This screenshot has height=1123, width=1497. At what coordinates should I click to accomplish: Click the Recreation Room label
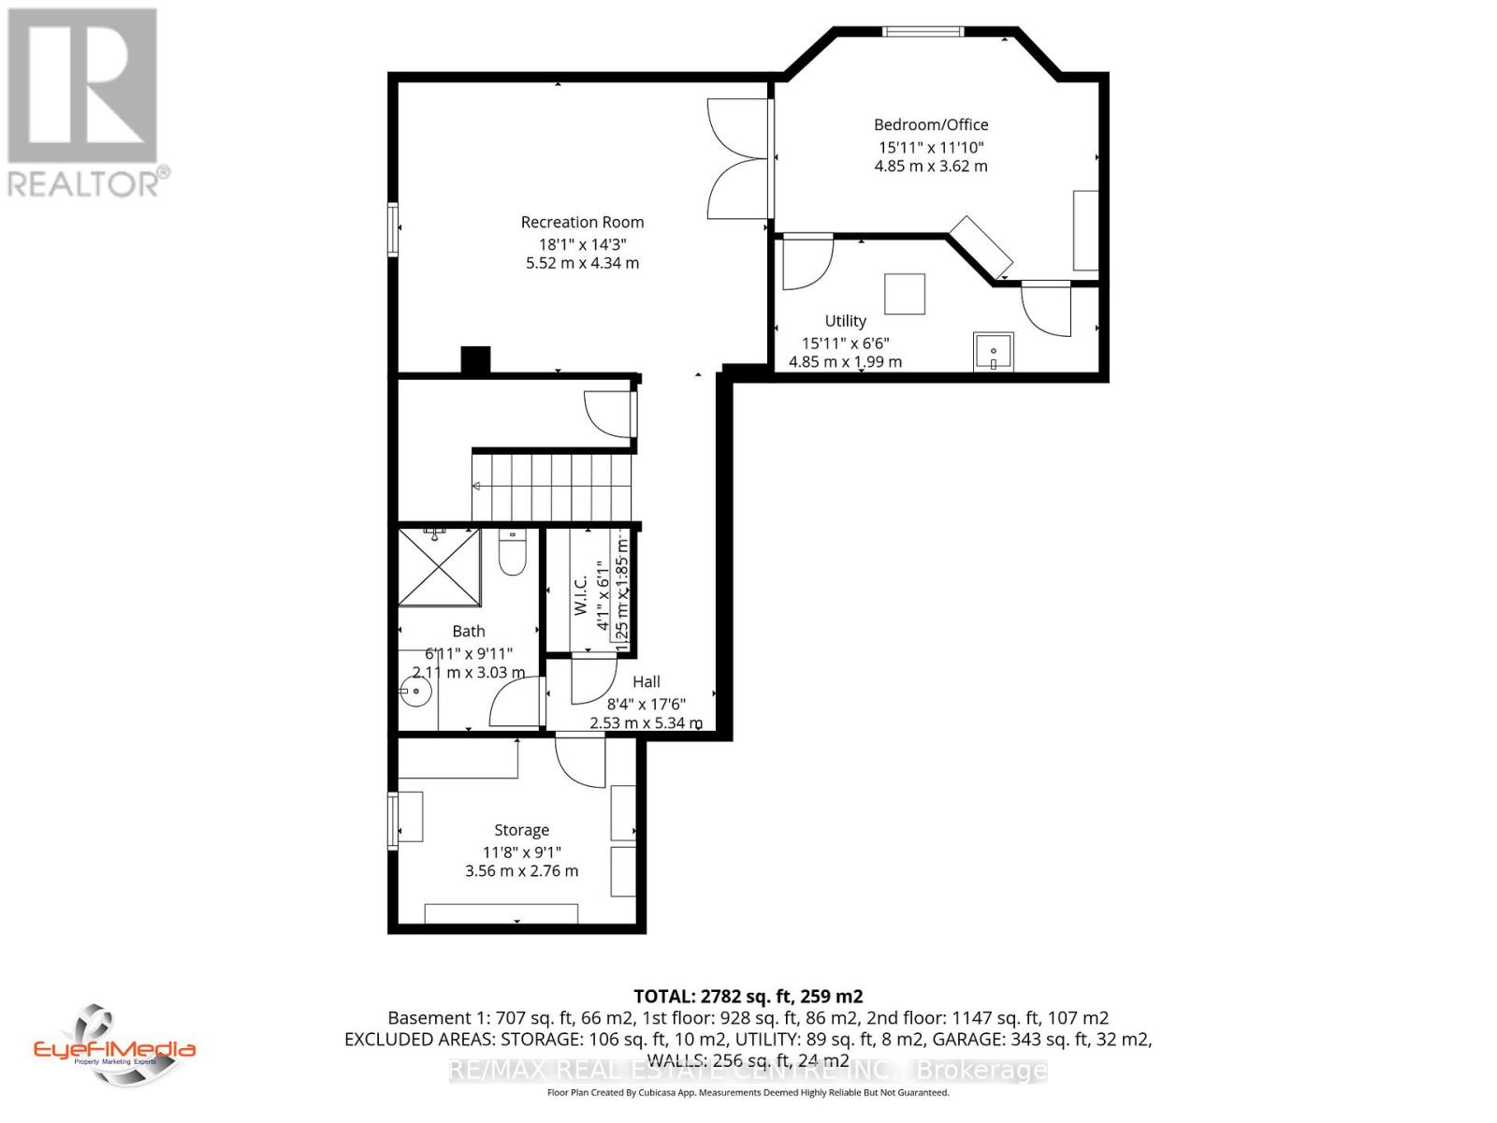582,222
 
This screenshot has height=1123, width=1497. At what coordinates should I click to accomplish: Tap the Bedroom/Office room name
930,124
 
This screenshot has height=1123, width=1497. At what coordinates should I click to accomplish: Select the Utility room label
845,321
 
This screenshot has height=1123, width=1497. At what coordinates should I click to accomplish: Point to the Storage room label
521,830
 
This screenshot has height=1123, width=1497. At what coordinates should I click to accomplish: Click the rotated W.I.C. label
580,594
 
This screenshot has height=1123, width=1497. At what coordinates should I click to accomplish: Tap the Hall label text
646,681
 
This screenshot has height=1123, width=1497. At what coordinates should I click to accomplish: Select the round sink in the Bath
415,693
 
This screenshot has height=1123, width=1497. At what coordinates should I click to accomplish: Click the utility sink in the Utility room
993,352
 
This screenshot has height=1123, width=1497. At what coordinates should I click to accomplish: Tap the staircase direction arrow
477,486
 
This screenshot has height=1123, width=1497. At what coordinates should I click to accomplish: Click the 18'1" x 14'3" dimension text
582,243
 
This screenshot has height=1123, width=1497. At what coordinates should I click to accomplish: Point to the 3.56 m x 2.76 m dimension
521,871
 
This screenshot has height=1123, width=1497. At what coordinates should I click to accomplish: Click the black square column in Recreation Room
475,361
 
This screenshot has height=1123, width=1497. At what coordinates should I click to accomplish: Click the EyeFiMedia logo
114,1045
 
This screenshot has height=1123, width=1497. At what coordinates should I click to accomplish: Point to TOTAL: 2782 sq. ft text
748,997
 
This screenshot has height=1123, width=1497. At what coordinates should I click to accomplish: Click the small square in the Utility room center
905,294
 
